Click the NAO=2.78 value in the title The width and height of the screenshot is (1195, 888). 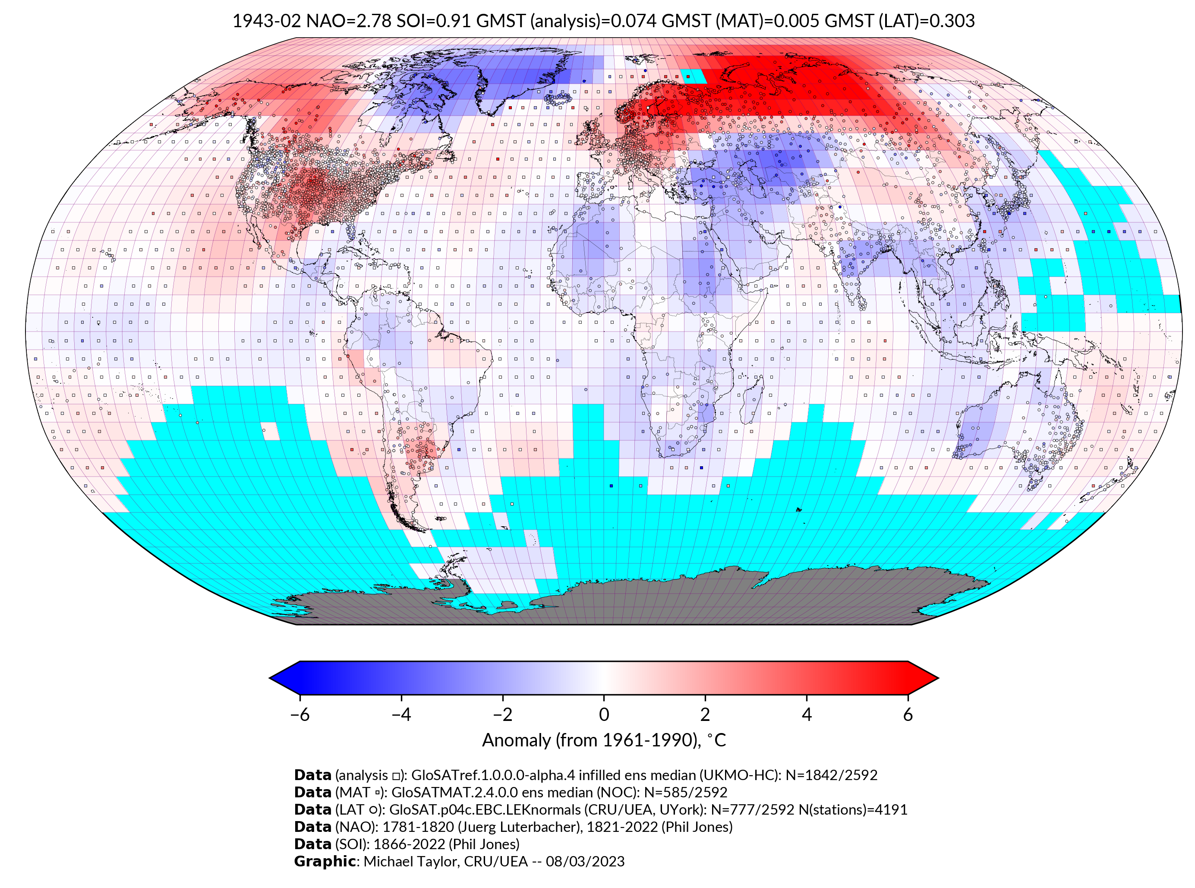(x=348, y=21)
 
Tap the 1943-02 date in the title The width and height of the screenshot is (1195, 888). (x=267, y=21)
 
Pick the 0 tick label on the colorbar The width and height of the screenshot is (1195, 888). (x=604, y=714)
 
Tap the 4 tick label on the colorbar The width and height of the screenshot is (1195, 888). (x=807, y=714)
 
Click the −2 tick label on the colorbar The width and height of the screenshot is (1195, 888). (x=502, y=714)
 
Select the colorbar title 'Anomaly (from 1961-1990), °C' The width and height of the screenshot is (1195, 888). (x=604, y=740)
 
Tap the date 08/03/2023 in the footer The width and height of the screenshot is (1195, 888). (x=585, y=861)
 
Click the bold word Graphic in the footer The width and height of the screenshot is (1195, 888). (x=325, y=861)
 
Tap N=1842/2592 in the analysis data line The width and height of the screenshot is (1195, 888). (x=831, y=775)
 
